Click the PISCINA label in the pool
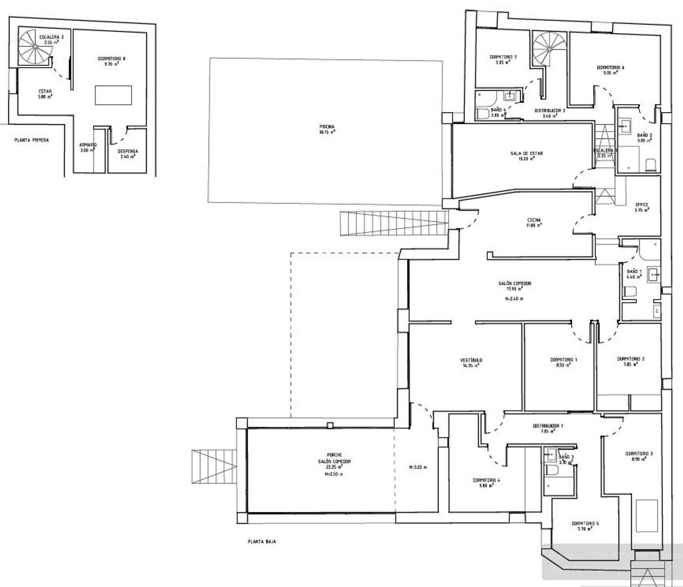[327, 129]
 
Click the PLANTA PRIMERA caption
[31, 140]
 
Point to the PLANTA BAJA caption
[262, 542]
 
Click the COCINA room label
[535, 222]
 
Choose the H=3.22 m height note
[418, 467]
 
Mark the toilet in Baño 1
[630, 291]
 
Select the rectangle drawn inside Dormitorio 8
[114, 95]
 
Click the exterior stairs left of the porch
[214, 466]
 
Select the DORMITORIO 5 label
[585, 526]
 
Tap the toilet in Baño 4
[483, 113]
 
